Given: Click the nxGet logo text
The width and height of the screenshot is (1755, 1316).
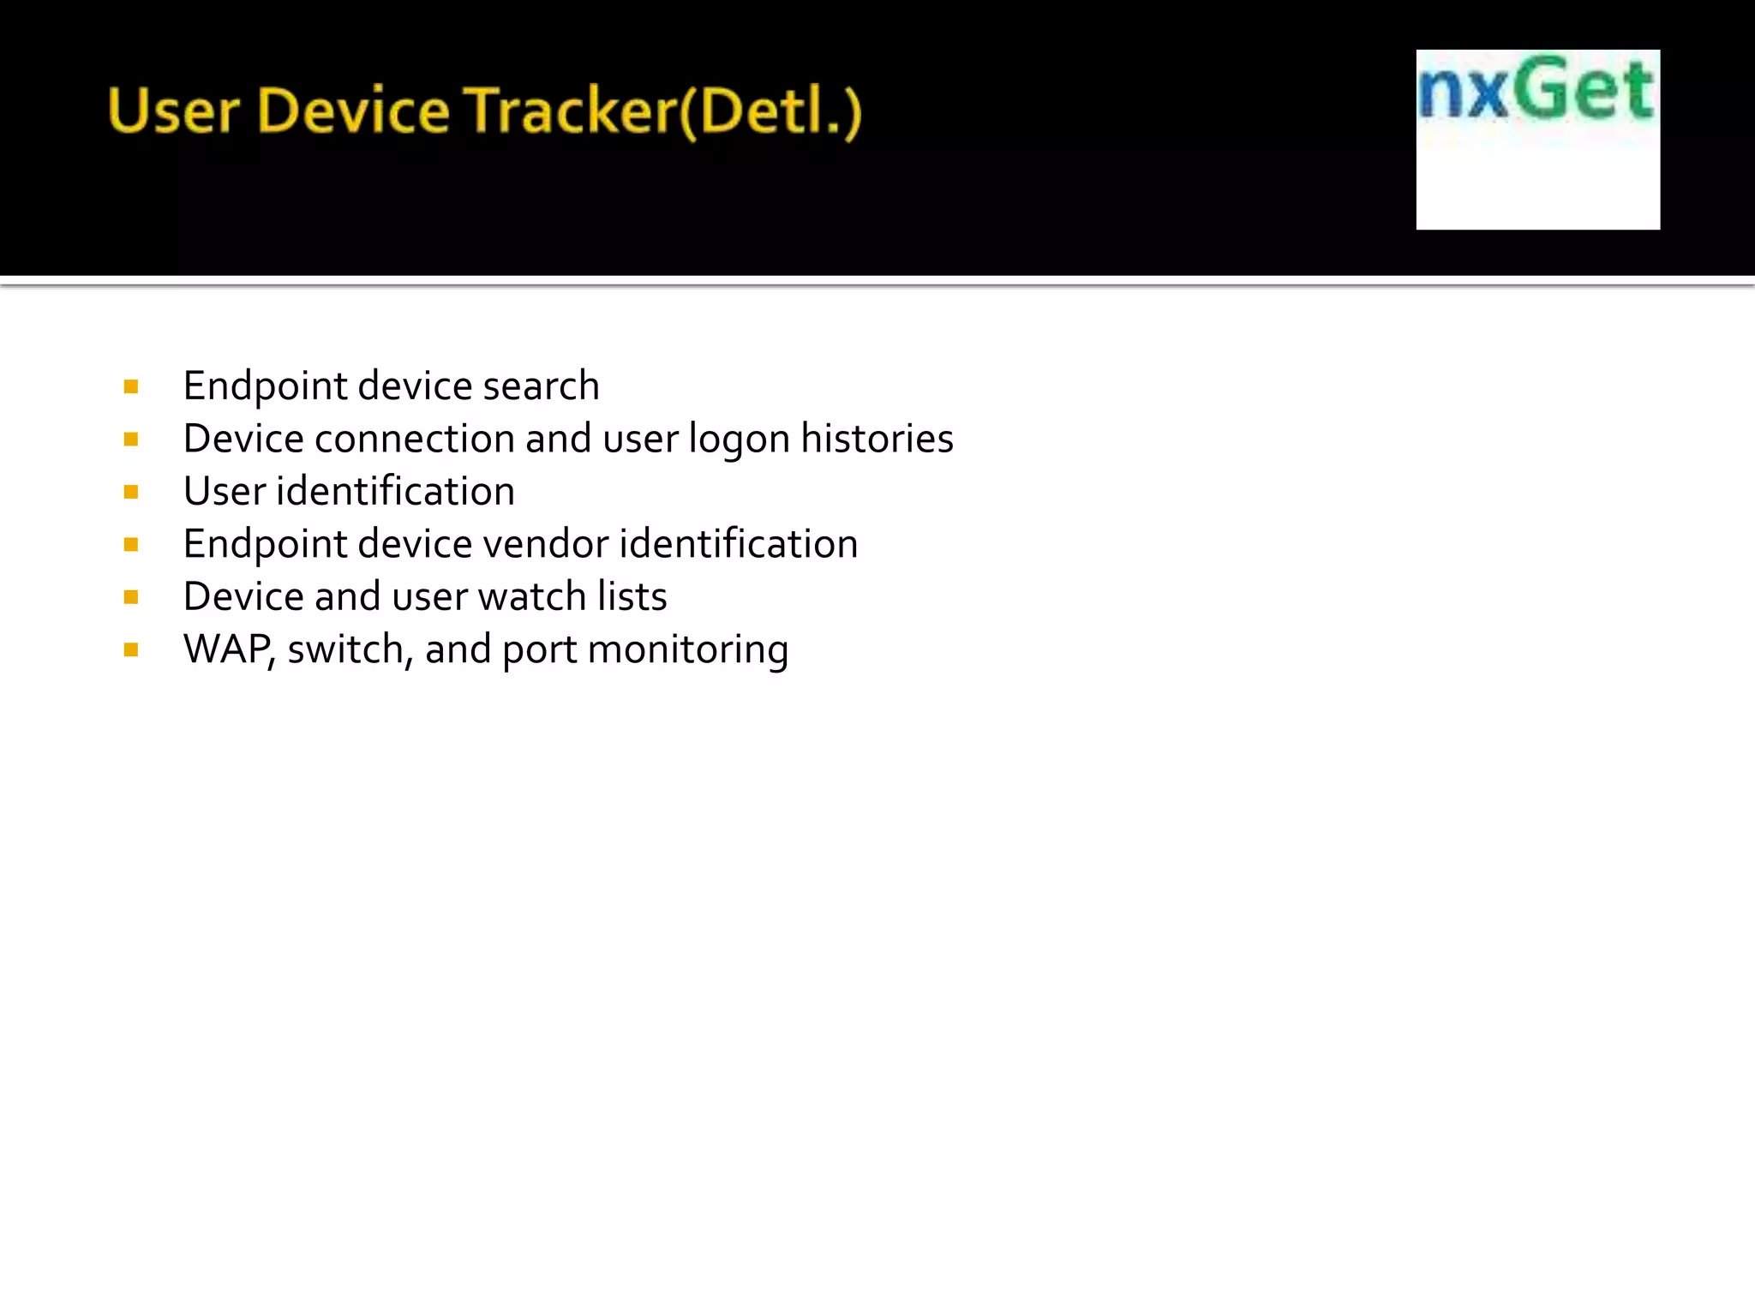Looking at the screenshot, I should (1536, 88).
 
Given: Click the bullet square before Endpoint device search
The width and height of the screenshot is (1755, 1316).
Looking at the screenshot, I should (131, 387).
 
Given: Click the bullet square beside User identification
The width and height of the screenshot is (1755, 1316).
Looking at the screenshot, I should (131, 493).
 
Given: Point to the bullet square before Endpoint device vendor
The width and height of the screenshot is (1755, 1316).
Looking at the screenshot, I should (131, 545).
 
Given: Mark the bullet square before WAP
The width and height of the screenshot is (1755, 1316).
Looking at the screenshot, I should (131, 650).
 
